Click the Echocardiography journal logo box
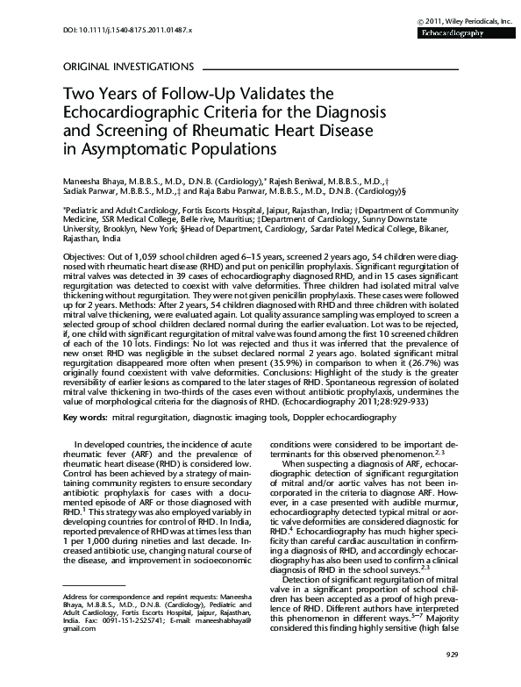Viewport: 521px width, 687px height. coord(462,32)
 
